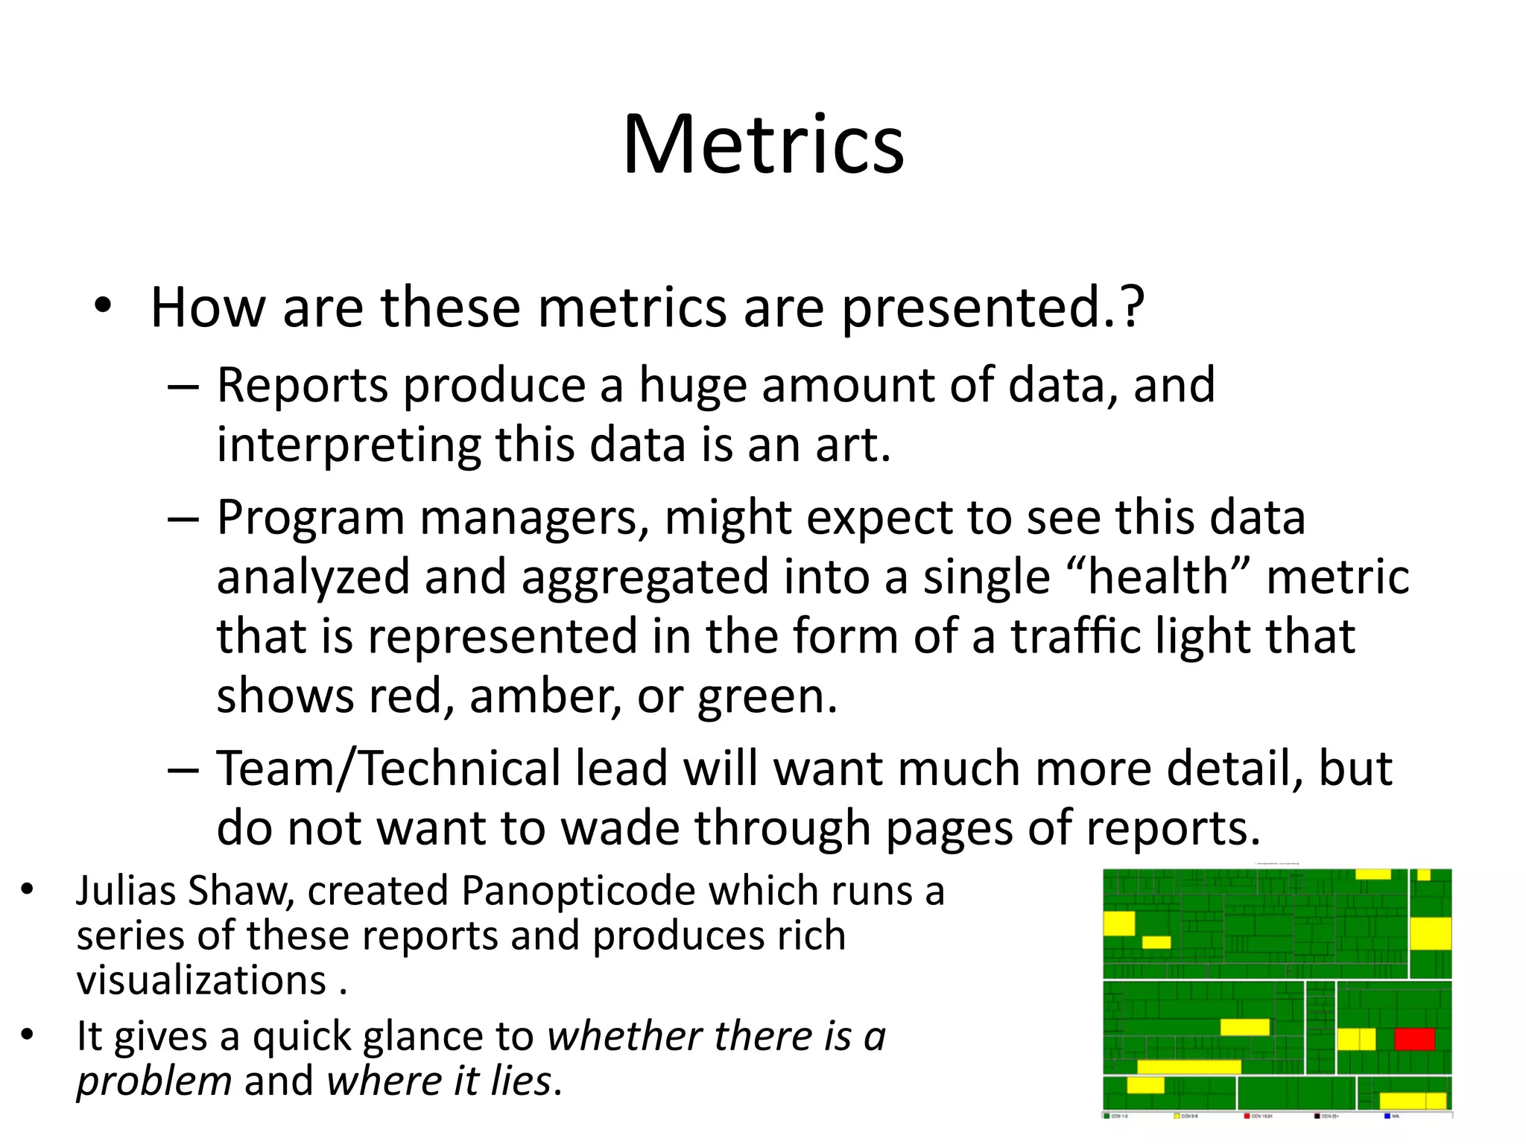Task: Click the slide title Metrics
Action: (763, 144)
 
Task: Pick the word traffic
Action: (1074, 637)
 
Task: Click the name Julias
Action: (124, 891)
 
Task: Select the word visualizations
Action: (202, 980)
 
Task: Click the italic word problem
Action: (154, 1081)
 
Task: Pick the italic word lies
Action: (521, 1081)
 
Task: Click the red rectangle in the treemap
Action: (1414, 1039)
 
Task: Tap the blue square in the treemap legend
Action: (1387, 1116)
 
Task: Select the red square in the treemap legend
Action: (1247, 1116)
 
